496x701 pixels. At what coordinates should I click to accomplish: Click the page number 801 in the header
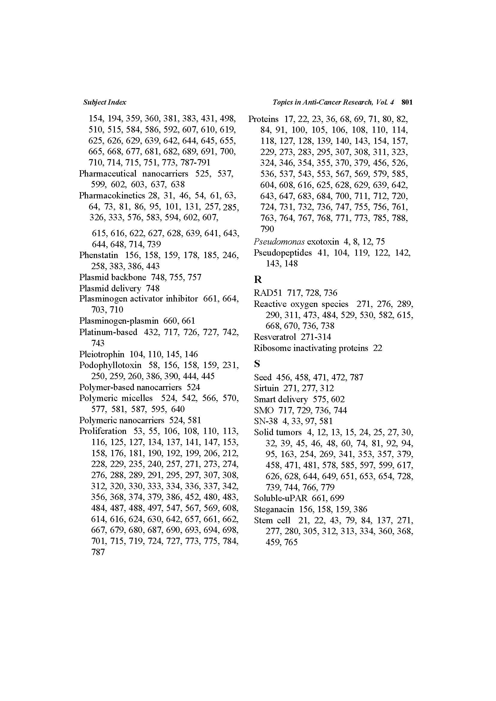point(407,102)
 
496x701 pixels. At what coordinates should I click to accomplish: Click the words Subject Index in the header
point(104,102)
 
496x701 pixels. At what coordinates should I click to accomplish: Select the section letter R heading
point(258,279)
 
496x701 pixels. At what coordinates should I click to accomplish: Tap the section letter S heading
point(257,364)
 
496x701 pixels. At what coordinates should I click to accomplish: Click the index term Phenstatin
point(98,255)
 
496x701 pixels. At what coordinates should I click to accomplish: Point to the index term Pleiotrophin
point(102,354)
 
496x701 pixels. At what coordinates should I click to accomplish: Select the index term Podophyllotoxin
point(110,365)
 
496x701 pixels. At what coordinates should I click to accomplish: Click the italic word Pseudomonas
point(279,242)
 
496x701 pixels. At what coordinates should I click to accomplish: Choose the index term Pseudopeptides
point(282,253)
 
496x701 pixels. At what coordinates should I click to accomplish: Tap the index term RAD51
point(268,293)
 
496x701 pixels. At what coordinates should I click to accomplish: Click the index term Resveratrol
point(275,337)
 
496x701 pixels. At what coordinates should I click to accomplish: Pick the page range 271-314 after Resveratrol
point(316,337)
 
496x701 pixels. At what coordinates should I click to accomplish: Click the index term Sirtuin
point(266,388)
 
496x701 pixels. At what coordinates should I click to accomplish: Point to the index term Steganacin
point(274,509)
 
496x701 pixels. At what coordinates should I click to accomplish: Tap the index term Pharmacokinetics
point(112,195)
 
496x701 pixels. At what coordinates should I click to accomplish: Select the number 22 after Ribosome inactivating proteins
point(378,348)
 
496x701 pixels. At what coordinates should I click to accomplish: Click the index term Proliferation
point(103,431)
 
